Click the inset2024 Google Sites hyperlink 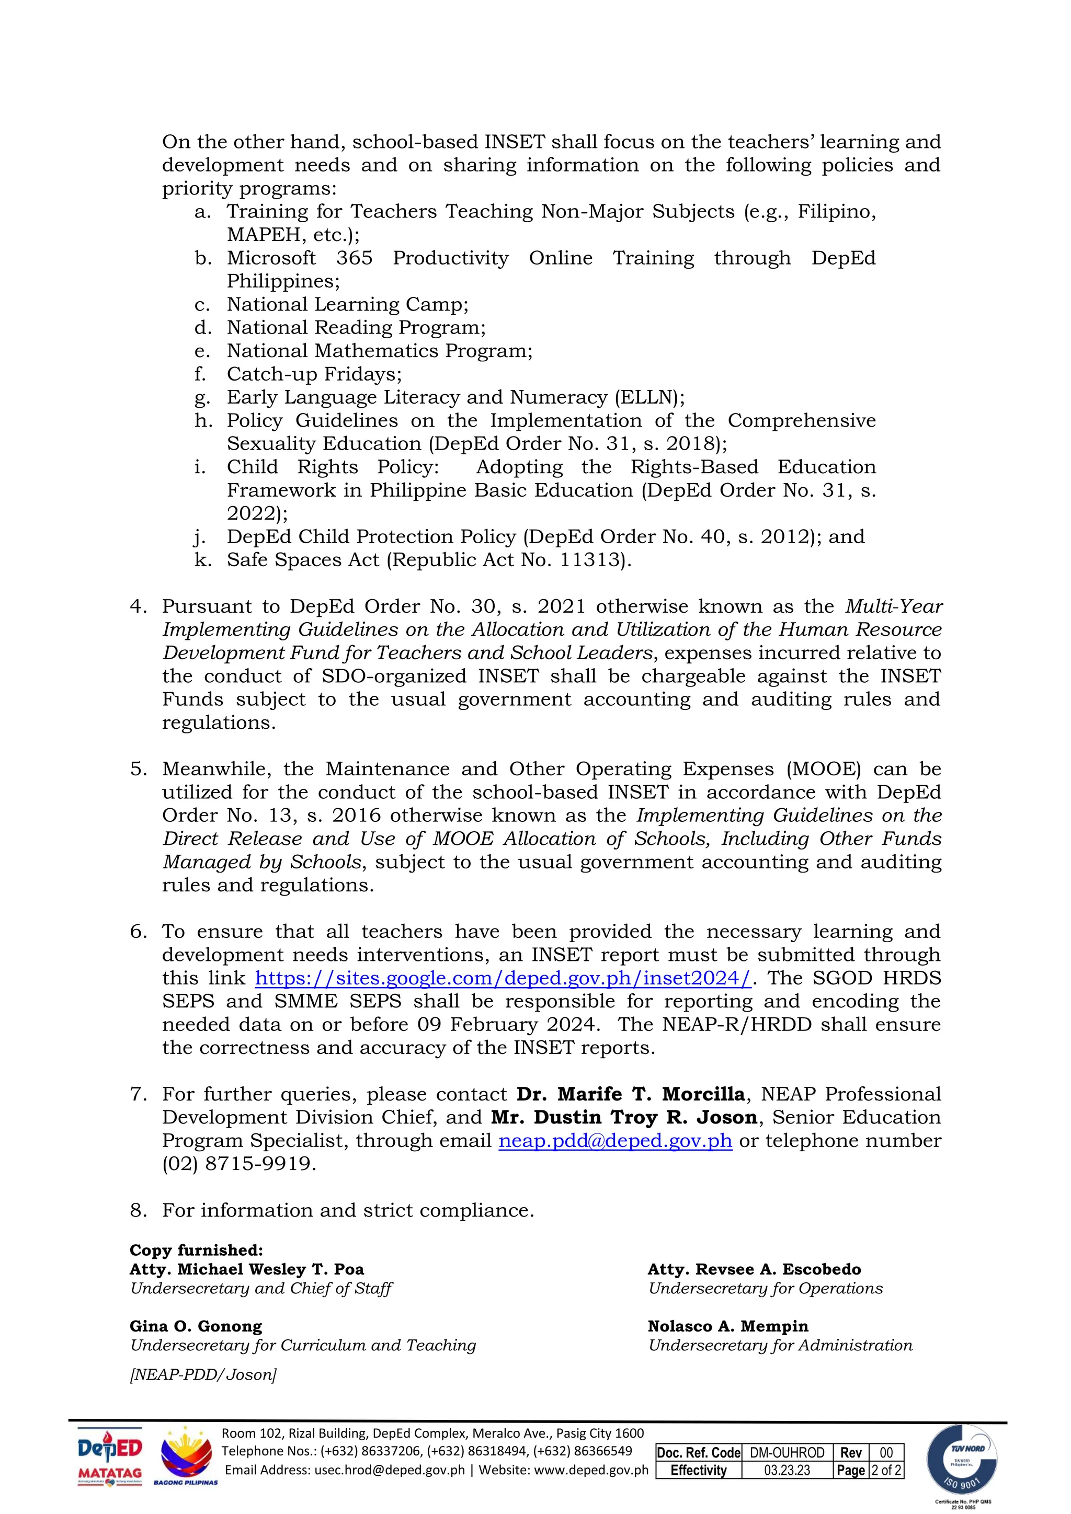coord(503,978)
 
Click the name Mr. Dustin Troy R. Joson coord(624,1117)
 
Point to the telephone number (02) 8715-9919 coord(239,1163)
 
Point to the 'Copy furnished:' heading coord(196,1250)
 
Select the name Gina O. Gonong coord(196,1326)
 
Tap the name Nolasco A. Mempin coord(727,1326)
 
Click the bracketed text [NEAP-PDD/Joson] coord(203,1375)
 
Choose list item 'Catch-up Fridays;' coord(314,374)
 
